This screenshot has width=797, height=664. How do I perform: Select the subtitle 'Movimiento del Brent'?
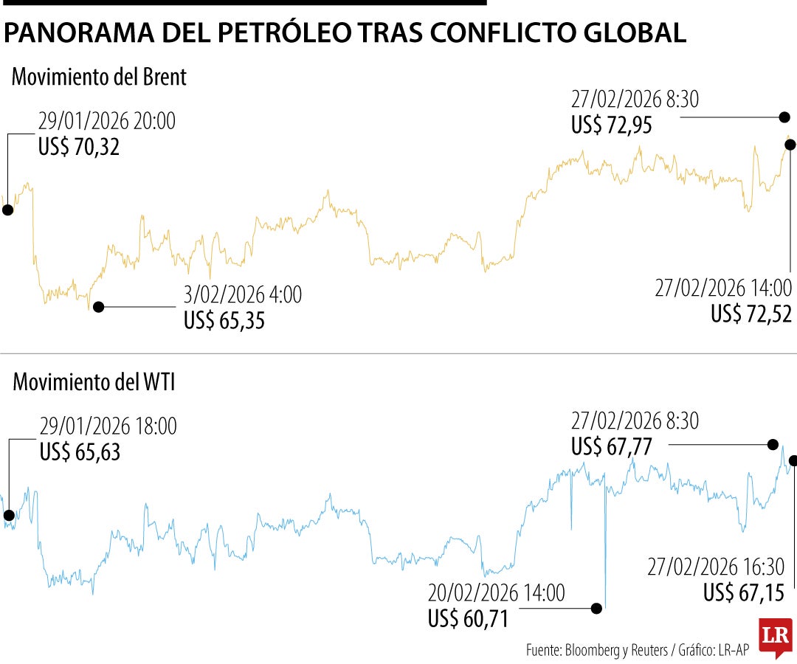coord(99,77)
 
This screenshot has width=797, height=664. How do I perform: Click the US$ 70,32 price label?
coord(79,148)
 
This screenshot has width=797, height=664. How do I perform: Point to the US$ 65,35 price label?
coord(224,321)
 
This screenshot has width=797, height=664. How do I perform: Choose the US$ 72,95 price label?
coord(612,125)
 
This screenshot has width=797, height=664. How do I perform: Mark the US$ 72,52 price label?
coord(751,314)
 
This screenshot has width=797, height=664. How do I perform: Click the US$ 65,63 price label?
coord(80,452)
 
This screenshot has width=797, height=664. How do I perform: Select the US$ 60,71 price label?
coord(469,619)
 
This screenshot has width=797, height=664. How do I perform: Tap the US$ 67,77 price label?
coord(612,447)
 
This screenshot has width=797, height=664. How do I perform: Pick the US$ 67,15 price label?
coord(748,592)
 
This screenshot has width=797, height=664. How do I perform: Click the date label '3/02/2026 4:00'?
coord(243,295)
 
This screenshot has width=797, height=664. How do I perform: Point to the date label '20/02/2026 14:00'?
coord(496,592)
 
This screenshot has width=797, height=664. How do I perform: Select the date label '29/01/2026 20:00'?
coord(107,121)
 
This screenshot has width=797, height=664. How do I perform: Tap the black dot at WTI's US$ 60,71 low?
coord(596,609)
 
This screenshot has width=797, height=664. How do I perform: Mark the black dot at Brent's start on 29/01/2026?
coord(7,210)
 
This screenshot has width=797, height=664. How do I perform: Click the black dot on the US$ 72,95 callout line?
coord(784,117)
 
